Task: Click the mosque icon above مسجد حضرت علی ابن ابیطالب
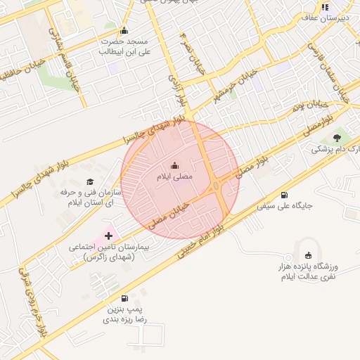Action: tap(124, 30)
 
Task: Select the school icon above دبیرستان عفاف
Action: tap(325, 7)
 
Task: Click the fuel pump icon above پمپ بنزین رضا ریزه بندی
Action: tap(125, 298)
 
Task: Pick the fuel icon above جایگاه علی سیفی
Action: tap(284, 195)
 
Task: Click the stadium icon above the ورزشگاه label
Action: tap(307, 255)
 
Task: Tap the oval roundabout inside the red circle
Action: tap(215, 186)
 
